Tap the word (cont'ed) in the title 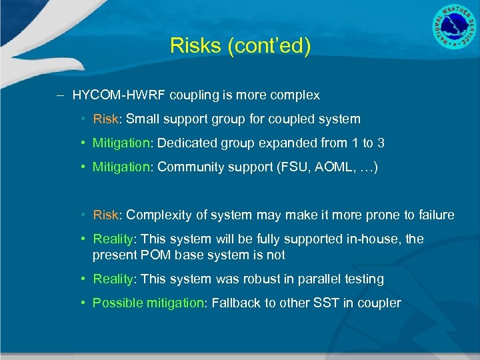[x=265, y=46]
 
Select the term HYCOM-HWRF [x=119, y=95]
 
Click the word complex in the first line [x=294, y=95]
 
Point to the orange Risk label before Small [x=105, y=119]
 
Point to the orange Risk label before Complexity [x=105, y=215]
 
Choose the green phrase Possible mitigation [x=148, y=303]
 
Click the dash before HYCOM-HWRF [x=60, y=95]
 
